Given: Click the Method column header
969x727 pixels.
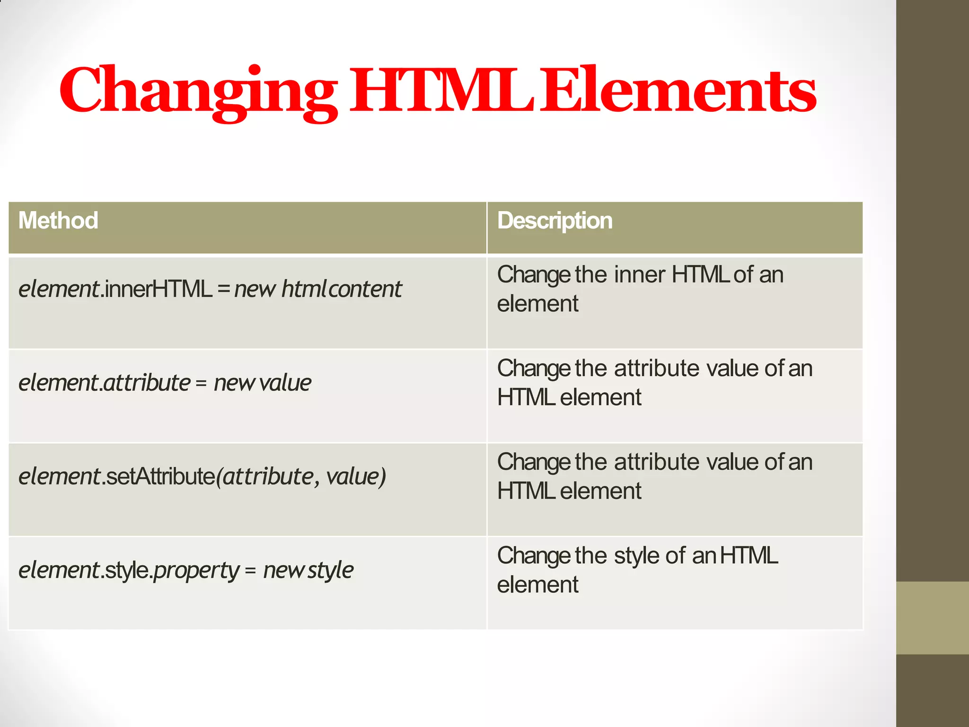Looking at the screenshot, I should point(58,221).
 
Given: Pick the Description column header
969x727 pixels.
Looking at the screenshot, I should point(555,221).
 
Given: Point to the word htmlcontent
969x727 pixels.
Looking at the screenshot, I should point(342,289).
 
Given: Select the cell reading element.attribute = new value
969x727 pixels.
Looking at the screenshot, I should point(165,382).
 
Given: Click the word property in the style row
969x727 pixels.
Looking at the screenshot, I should point(197,570).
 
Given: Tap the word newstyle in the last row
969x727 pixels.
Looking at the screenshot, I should point(308,570).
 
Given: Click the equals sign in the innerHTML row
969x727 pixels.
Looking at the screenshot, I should point(224,290).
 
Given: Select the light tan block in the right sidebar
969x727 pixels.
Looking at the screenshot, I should point(932,618).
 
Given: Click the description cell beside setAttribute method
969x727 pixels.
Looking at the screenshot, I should point(674,489).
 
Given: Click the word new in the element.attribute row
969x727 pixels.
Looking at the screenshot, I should point(234,382).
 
